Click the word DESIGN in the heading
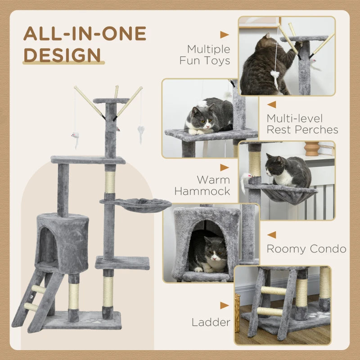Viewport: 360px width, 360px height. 62,55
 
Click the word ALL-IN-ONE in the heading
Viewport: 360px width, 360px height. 85,34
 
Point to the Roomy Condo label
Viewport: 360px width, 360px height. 306,249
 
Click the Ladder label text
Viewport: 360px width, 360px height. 211,322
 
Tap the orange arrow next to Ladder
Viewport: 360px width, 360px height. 224,306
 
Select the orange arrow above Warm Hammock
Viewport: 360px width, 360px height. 224,167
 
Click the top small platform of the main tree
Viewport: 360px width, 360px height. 111,101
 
